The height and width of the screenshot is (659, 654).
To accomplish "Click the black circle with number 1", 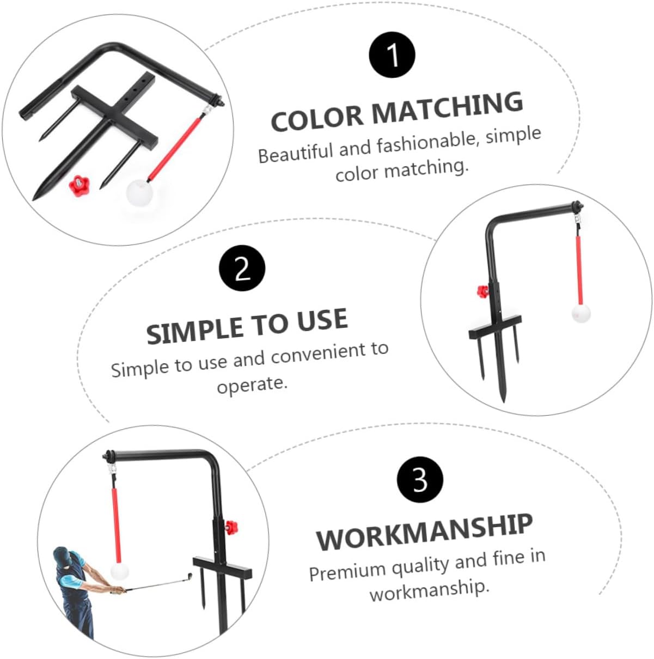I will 392,55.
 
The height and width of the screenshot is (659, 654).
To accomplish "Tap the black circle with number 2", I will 242,268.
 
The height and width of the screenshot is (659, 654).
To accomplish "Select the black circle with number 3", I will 420,479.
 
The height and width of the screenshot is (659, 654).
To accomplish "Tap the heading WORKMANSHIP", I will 424,532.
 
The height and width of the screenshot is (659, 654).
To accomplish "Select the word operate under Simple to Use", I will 252,385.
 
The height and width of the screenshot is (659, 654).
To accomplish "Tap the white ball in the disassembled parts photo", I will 139,193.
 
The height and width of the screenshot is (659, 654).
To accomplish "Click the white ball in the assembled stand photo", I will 581,313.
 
